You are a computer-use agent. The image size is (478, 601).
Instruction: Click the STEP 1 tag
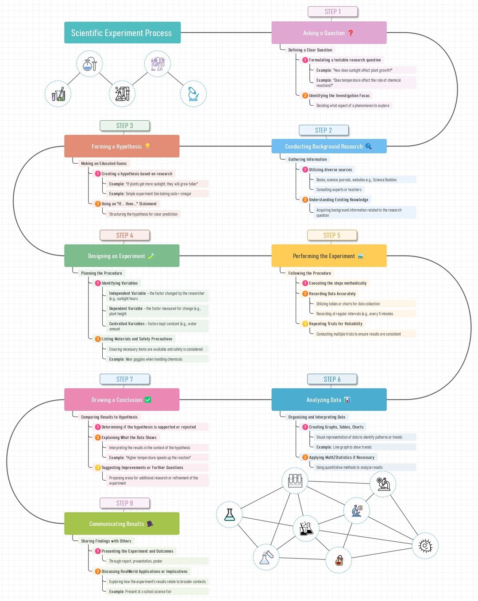(332, 11)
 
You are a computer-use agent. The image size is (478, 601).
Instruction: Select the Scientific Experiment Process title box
(122, 33)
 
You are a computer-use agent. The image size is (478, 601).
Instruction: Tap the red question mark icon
(351, 33)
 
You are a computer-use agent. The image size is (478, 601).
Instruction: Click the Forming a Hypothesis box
(122, 146)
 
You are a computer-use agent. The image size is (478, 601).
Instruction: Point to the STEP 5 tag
(332, 235)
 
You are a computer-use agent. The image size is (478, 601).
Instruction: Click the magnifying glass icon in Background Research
(368, 146)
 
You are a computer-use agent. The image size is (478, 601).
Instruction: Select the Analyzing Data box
(329, 400)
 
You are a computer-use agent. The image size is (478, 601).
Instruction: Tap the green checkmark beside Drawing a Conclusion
(148, 400)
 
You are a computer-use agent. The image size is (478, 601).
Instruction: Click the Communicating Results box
(122, 524)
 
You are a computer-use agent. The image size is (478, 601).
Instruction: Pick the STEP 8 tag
(124, 503)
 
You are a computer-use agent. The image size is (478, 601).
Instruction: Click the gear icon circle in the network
(425, 546)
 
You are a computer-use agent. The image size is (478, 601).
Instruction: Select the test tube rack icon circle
(295, 480)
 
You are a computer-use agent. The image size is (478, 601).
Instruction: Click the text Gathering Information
(308, 159)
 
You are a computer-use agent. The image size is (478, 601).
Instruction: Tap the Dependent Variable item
(155, 311)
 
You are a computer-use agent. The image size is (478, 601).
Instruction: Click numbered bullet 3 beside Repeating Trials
(305, 324)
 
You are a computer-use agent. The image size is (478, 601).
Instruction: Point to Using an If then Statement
(129, 204)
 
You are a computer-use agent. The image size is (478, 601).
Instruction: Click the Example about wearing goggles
(146, 359)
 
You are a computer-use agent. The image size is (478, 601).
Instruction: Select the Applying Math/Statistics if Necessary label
(341, 457)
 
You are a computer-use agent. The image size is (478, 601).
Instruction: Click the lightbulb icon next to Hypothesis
(147, 146)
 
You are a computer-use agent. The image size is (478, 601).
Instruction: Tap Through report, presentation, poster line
(135, 561)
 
